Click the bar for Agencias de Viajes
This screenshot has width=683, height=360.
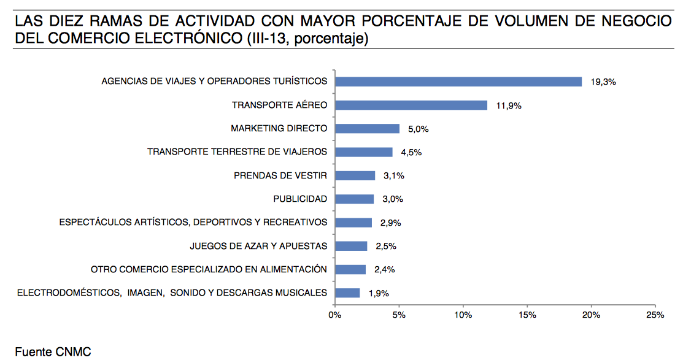point(458,82)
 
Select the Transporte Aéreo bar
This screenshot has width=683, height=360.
point(411,105)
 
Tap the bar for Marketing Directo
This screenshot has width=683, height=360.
point(367,129)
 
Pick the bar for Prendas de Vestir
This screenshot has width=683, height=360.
point(355,176)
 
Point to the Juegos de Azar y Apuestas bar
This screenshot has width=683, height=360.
point(351,247)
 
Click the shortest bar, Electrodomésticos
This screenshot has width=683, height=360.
point(347,293)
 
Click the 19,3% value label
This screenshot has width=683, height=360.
point(603,82)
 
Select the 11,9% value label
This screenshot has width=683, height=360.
point(509,105)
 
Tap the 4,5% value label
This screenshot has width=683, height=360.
point(411,153)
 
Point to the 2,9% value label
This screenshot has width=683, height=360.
point(391,223)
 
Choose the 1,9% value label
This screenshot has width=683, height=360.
point(379,294)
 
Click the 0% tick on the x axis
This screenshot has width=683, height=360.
point(334,315)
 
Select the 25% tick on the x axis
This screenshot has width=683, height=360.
point(655,315)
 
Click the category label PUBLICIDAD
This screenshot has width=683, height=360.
point(300,199)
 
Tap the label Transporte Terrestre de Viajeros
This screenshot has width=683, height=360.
point(237,152)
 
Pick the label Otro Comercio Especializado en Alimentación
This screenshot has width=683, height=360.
point(209,270)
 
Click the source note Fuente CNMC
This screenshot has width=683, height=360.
point(53,352)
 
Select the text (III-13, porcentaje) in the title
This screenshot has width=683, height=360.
point(307,40)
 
